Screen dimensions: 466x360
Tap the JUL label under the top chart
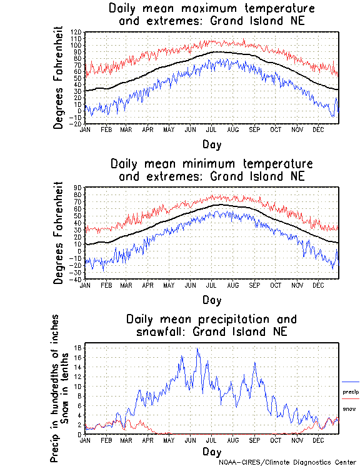point(211,129)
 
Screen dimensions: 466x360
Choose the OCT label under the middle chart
point(276,285)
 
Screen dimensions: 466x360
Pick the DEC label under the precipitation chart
point(319,440)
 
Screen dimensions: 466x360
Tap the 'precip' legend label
point(351,392)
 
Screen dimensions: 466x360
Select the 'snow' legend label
point(349,409)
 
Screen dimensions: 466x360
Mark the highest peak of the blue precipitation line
point(197,349)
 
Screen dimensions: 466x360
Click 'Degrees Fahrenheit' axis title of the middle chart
point(59,233)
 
